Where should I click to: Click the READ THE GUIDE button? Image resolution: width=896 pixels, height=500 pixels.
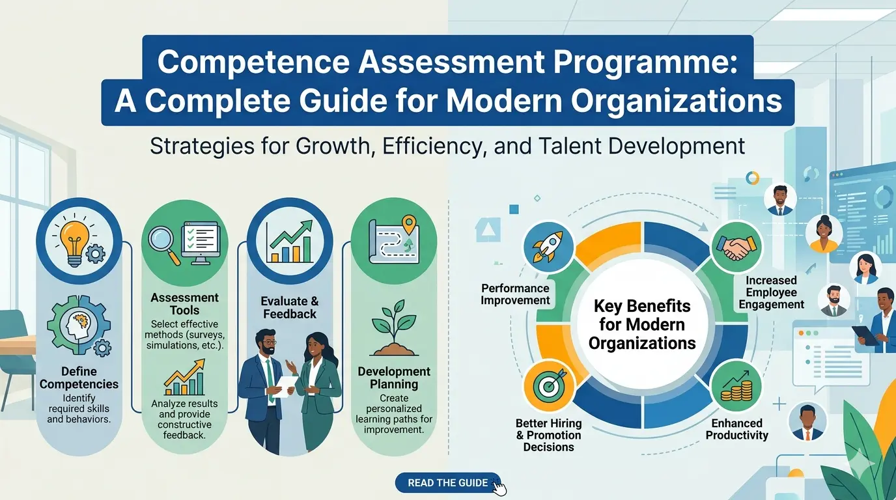coord(448,482)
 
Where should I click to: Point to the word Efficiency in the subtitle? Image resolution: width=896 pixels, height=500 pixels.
coord(433,145)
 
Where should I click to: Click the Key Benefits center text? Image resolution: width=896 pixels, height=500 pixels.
coord(642,324)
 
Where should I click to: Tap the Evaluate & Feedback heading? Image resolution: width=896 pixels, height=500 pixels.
coord(290,307)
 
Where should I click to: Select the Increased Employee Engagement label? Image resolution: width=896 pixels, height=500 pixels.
coord(771,292)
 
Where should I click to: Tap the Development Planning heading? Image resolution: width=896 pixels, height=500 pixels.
coord(394,378)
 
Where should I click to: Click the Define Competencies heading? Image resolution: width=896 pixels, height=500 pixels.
coord(79,378)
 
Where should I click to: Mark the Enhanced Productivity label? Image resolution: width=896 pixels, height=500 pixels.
coord(737,429)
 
